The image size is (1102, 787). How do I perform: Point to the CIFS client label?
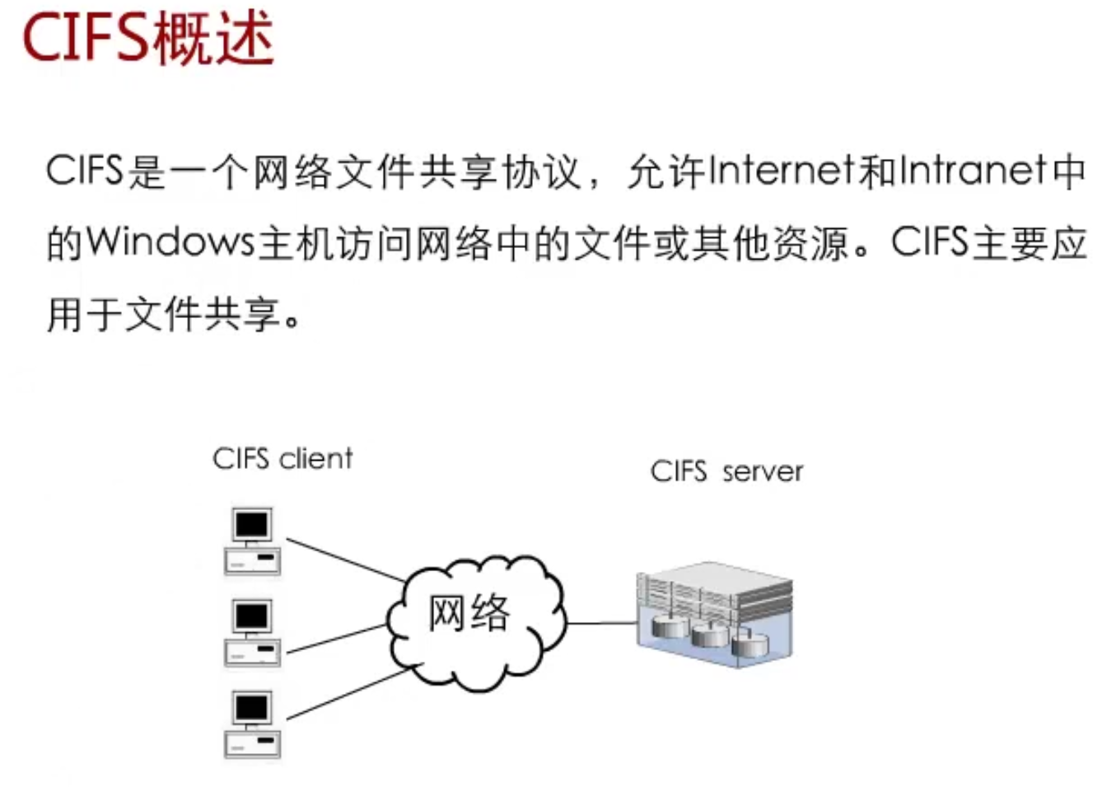tap(283, 458)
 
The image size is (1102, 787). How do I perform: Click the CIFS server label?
tap(726, 471)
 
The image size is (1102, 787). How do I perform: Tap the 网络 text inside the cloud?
tap(468, 613)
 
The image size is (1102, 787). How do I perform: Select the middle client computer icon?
tap(252, 633)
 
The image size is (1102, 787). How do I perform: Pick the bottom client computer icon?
tap(252, 724)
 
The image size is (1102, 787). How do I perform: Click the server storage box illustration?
tap(714, 614)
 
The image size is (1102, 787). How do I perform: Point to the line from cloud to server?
tap(601, 623)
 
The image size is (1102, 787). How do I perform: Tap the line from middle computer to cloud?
tap(338, 639)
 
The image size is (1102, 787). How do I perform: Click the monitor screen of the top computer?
tap(252, 524)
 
